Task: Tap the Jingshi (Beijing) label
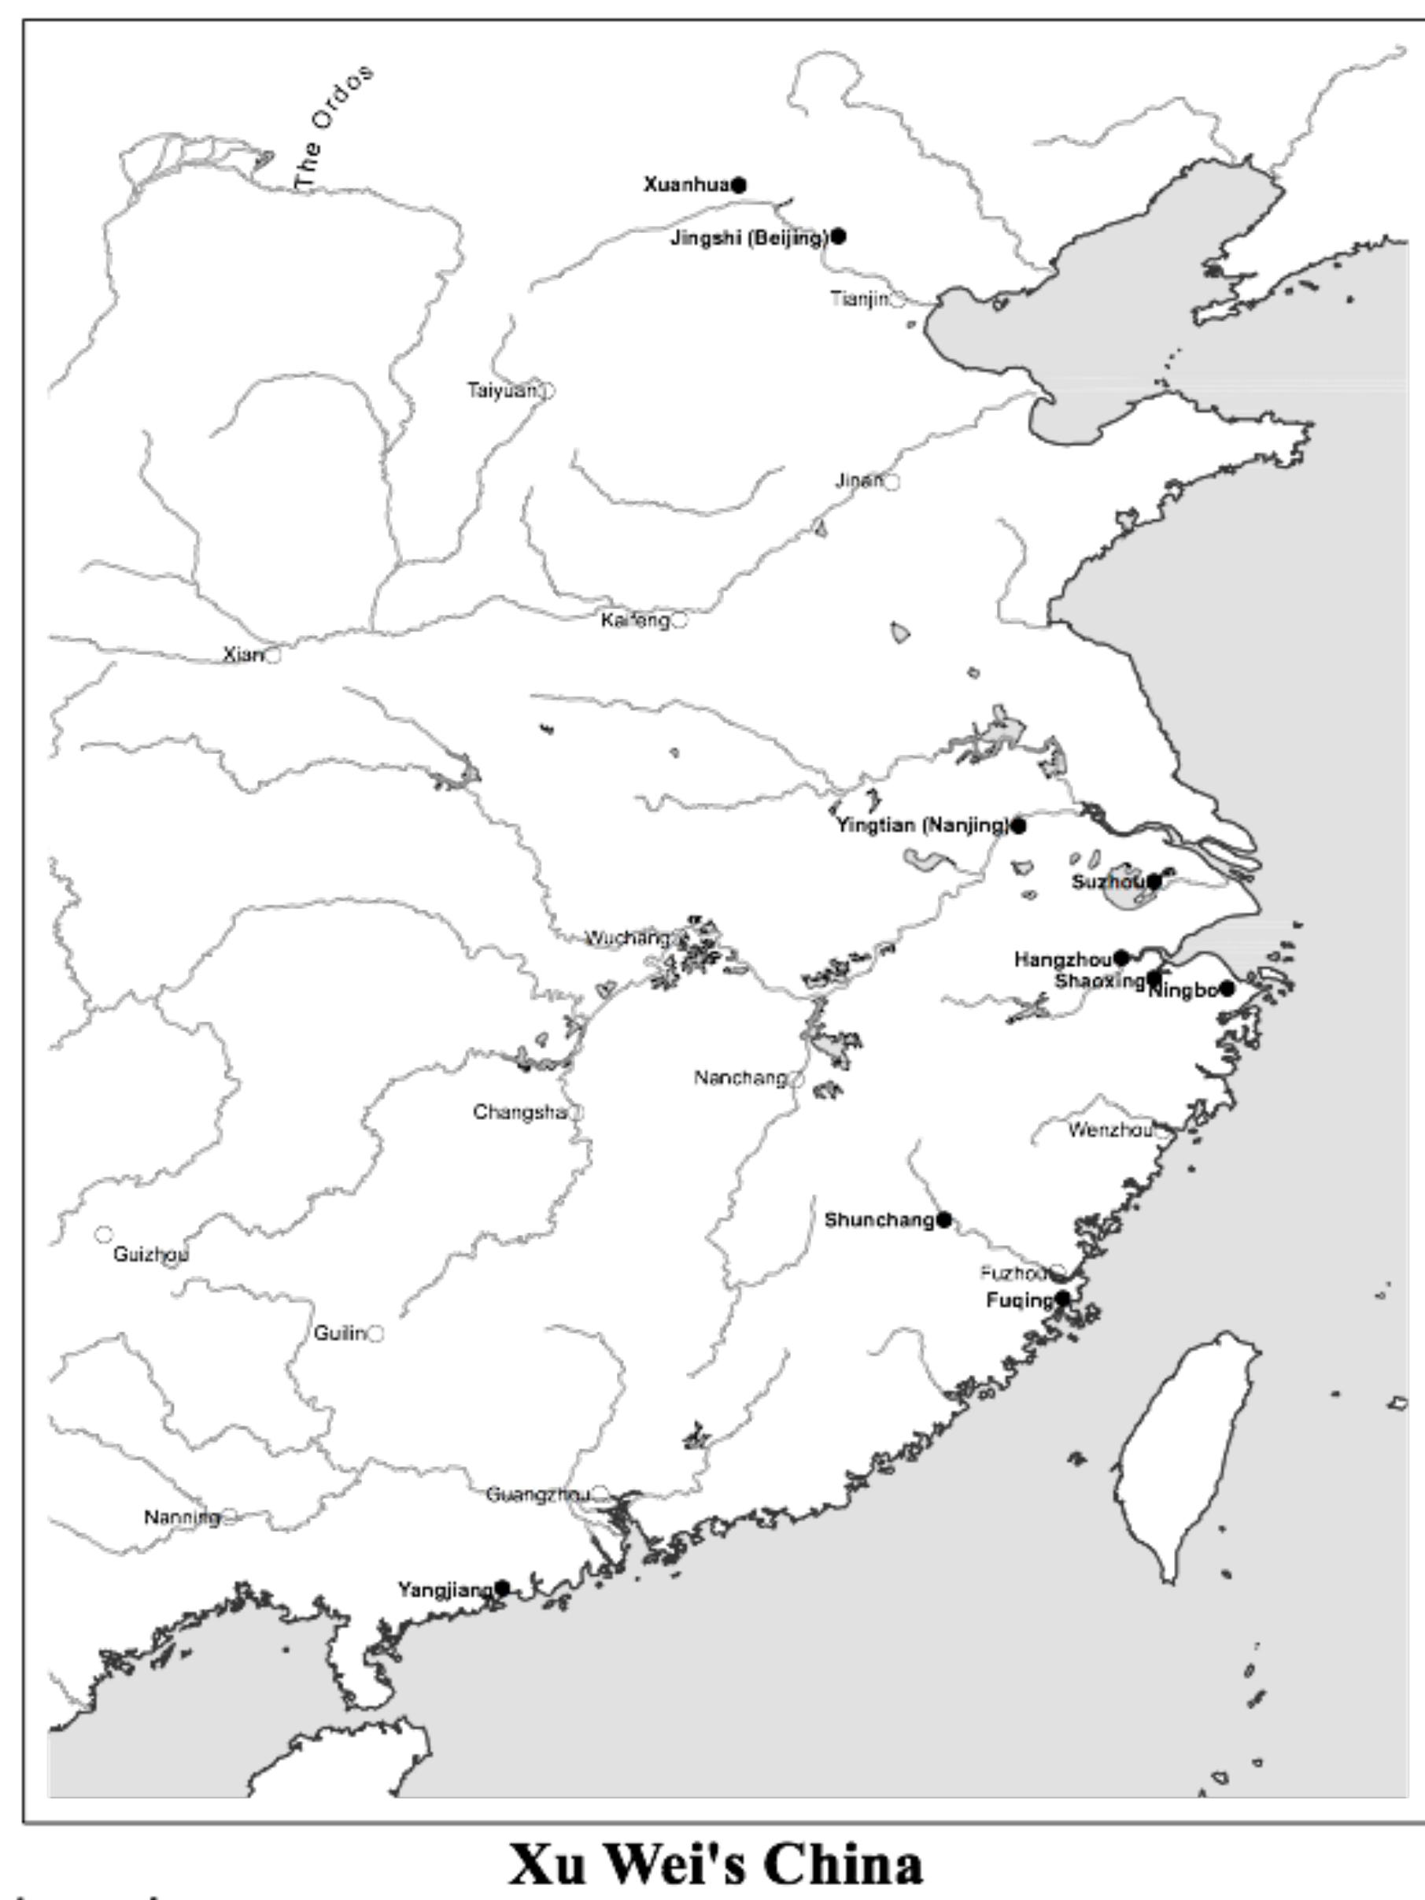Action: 749,238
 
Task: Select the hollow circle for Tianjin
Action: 897,300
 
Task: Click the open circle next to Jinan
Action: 892,482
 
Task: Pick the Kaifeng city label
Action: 635,620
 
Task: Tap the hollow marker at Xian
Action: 272,656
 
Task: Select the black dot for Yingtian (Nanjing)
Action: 1018,826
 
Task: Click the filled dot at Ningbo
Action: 1227,989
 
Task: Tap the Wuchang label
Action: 628,938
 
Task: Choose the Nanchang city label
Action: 740,1078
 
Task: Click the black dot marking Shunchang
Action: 944,1220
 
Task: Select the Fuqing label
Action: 1020,1300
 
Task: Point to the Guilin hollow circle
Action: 375,1333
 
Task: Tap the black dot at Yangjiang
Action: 503,1588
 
